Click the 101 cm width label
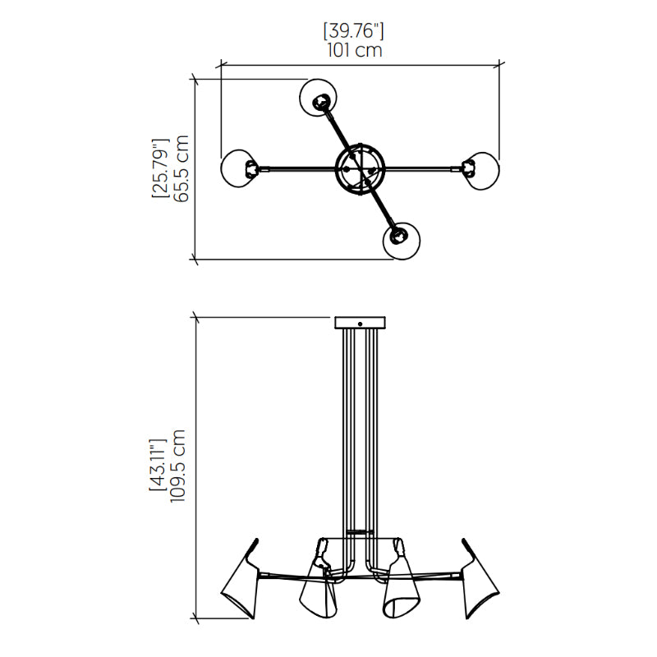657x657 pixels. click(x=355, y=50)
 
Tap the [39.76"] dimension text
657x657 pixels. click(x=354, y=31)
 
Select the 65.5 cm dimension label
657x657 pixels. click(x=181, y=169)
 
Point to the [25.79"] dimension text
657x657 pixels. click(x=161, y=168)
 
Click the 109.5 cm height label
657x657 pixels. click(x=177, y=466)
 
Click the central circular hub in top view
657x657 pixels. click(x=360, y=169)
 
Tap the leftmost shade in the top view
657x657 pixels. click(x=239, y=168)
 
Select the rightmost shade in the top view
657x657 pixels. click(x=481, y=171)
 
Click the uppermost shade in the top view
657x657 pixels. click(x=319, y=98)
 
